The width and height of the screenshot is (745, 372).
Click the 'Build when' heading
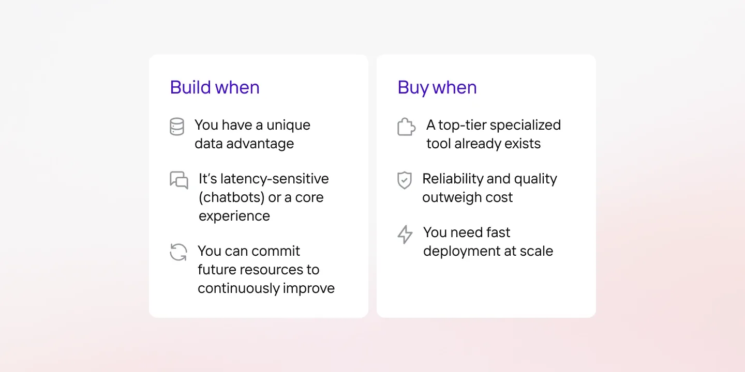215,87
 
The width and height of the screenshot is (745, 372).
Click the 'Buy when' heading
437,88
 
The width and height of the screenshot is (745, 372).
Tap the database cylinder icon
176,127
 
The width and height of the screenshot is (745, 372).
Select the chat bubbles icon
179,180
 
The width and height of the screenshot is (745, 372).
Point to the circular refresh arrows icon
178,252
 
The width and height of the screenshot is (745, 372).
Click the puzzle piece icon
407,127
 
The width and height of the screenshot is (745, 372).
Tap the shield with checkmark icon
405,180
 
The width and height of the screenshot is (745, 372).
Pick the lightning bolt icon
405,235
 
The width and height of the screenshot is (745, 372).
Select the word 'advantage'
260,144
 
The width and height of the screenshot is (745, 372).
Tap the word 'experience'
234,216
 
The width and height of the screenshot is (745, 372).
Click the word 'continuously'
238,288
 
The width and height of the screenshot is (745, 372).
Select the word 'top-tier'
462,126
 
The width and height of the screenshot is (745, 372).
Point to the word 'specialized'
525,126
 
